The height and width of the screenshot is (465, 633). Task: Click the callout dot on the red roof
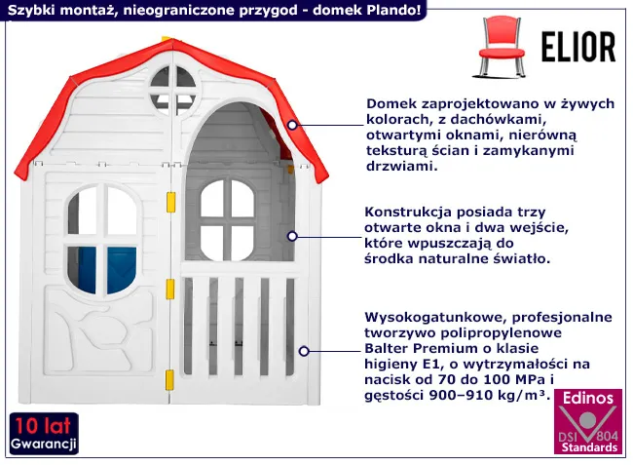pos(293,125)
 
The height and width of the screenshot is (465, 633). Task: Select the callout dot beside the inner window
pos(292,235)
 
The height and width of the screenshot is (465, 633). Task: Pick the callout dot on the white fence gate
pos(305,350)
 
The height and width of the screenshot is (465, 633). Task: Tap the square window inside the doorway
pos(227,213)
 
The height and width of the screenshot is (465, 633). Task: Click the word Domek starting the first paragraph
pos(390,103)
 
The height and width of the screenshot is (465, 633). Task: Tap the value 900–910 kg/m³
pos(490,396)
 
